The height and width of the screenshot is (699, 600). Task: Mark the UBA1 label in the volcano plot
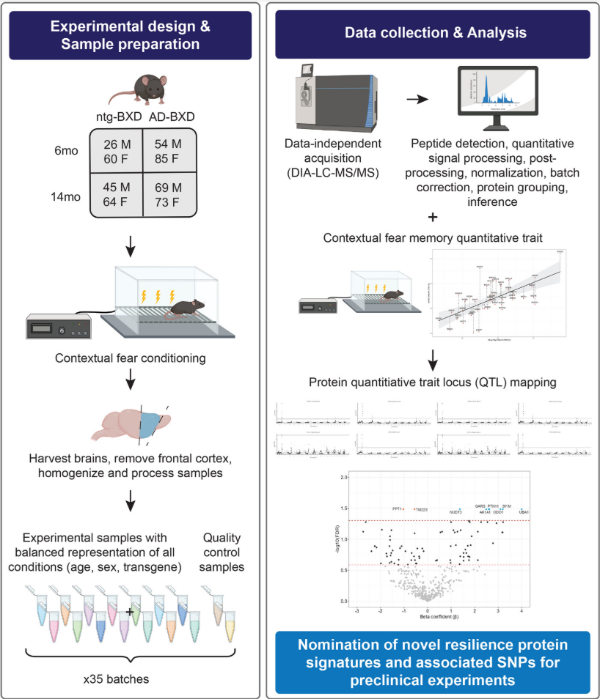click(x=524, y=511)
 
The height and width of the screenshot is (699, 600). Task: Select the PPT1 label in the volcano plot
click(x=398, y=508)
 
